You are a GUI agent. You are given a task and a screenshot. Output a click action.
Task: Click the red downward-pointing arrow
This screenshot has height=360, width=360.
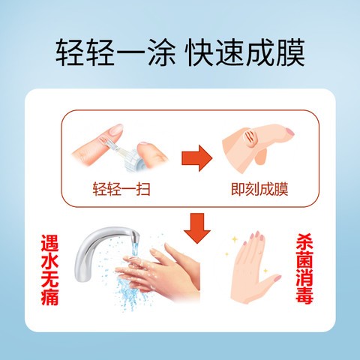(x=197, y=227)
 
